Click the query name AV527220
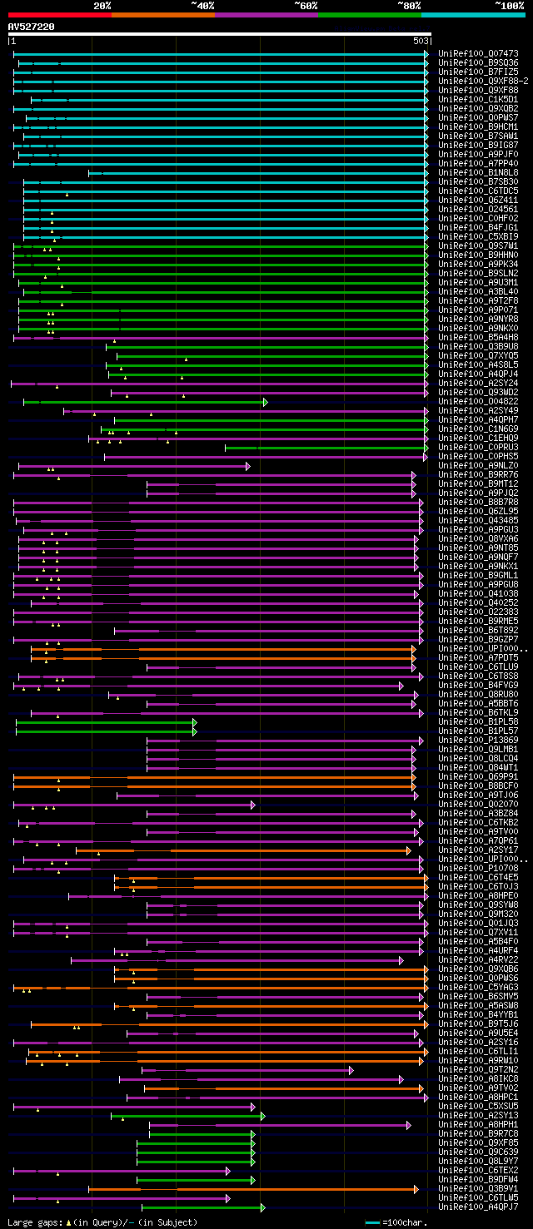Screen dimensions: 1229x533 pyautogui.click(x=31, y=27)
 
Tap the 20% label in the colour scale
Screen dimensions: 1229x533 pyautogui.click(x=102, y=5)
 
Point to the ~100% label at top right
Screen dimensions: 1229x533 pyautogui.click(x=509, y=5)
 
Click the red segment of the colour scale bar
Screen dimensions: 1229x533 pyautogui.click(x=59, y=14)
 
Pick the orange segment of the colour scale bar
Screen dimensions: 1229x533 pyautogui.click(x=162, y=14)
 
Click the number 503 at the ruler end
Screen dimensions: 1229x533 pyautogui.click(x=421, y=40)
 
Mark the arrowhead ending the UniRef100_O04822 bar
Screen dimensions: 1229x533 pyautogui.click(x=266, y=402)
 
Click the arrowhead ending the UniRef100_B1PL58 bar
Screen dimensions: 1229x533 pyautogui.click(x=195, y=722)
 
